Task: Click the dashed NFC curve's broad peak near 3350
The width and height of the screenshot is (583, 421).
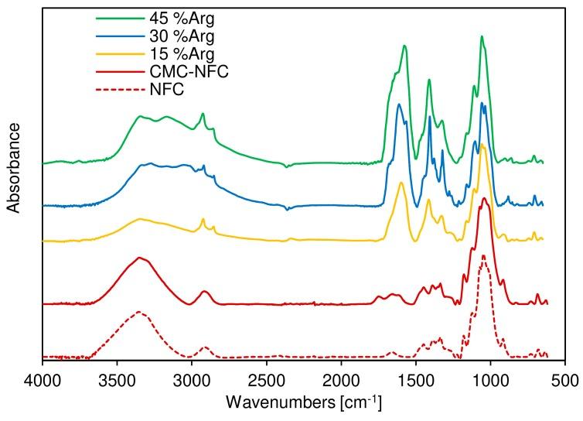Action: point(139,312)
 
